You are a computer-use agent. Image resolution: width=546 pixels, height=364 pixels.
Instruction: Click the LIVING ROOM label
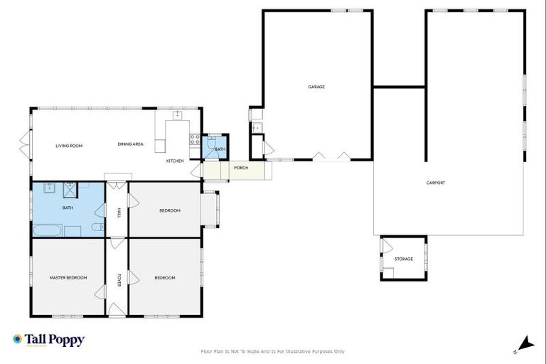[69, 146]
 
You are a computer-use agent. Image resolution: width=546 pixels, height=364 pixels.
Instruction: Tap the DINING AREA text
[131, 144]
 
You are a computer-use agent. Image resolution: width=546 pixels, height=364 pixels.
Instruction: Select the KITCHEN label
[175, 161]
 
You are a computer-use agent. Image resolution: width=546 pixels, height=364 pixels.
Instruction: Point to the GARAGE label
[316, 87]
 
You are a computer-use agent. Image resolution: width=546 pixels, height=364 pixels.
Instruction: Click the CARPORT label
[436, 183]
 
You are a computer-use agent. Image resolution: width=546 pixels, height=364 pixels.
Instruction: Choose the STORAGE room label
[404, 259]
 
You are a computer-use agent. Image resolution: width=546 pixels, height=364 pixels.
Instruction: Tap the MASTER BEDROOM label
[68, 277]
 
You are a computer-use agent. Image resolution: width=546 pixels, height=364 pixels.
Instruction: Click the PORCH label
[241, 168]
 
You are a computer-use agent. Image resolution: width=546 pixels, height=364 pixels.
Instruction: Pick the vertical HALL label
[118, 212]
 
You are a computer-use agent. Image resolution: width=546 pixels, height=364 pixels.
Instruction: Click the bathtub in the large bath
[47, 230]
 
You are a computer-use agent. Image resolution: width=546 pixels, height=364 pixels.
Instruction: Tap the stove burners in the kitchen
[194, 139]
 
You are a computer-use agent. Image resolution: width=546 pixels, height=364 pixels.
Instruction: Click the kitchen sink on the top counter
[177, 114]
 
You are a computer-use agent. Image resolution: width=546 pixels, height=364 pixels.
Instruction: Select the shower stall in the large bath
[70, 188]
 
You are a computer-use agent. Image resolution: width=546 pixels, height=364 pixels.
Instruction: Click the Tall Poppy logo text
[55, 340]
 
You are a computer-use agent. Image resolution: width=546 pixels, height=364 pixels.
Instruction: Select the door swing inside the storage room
[386, 247]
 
